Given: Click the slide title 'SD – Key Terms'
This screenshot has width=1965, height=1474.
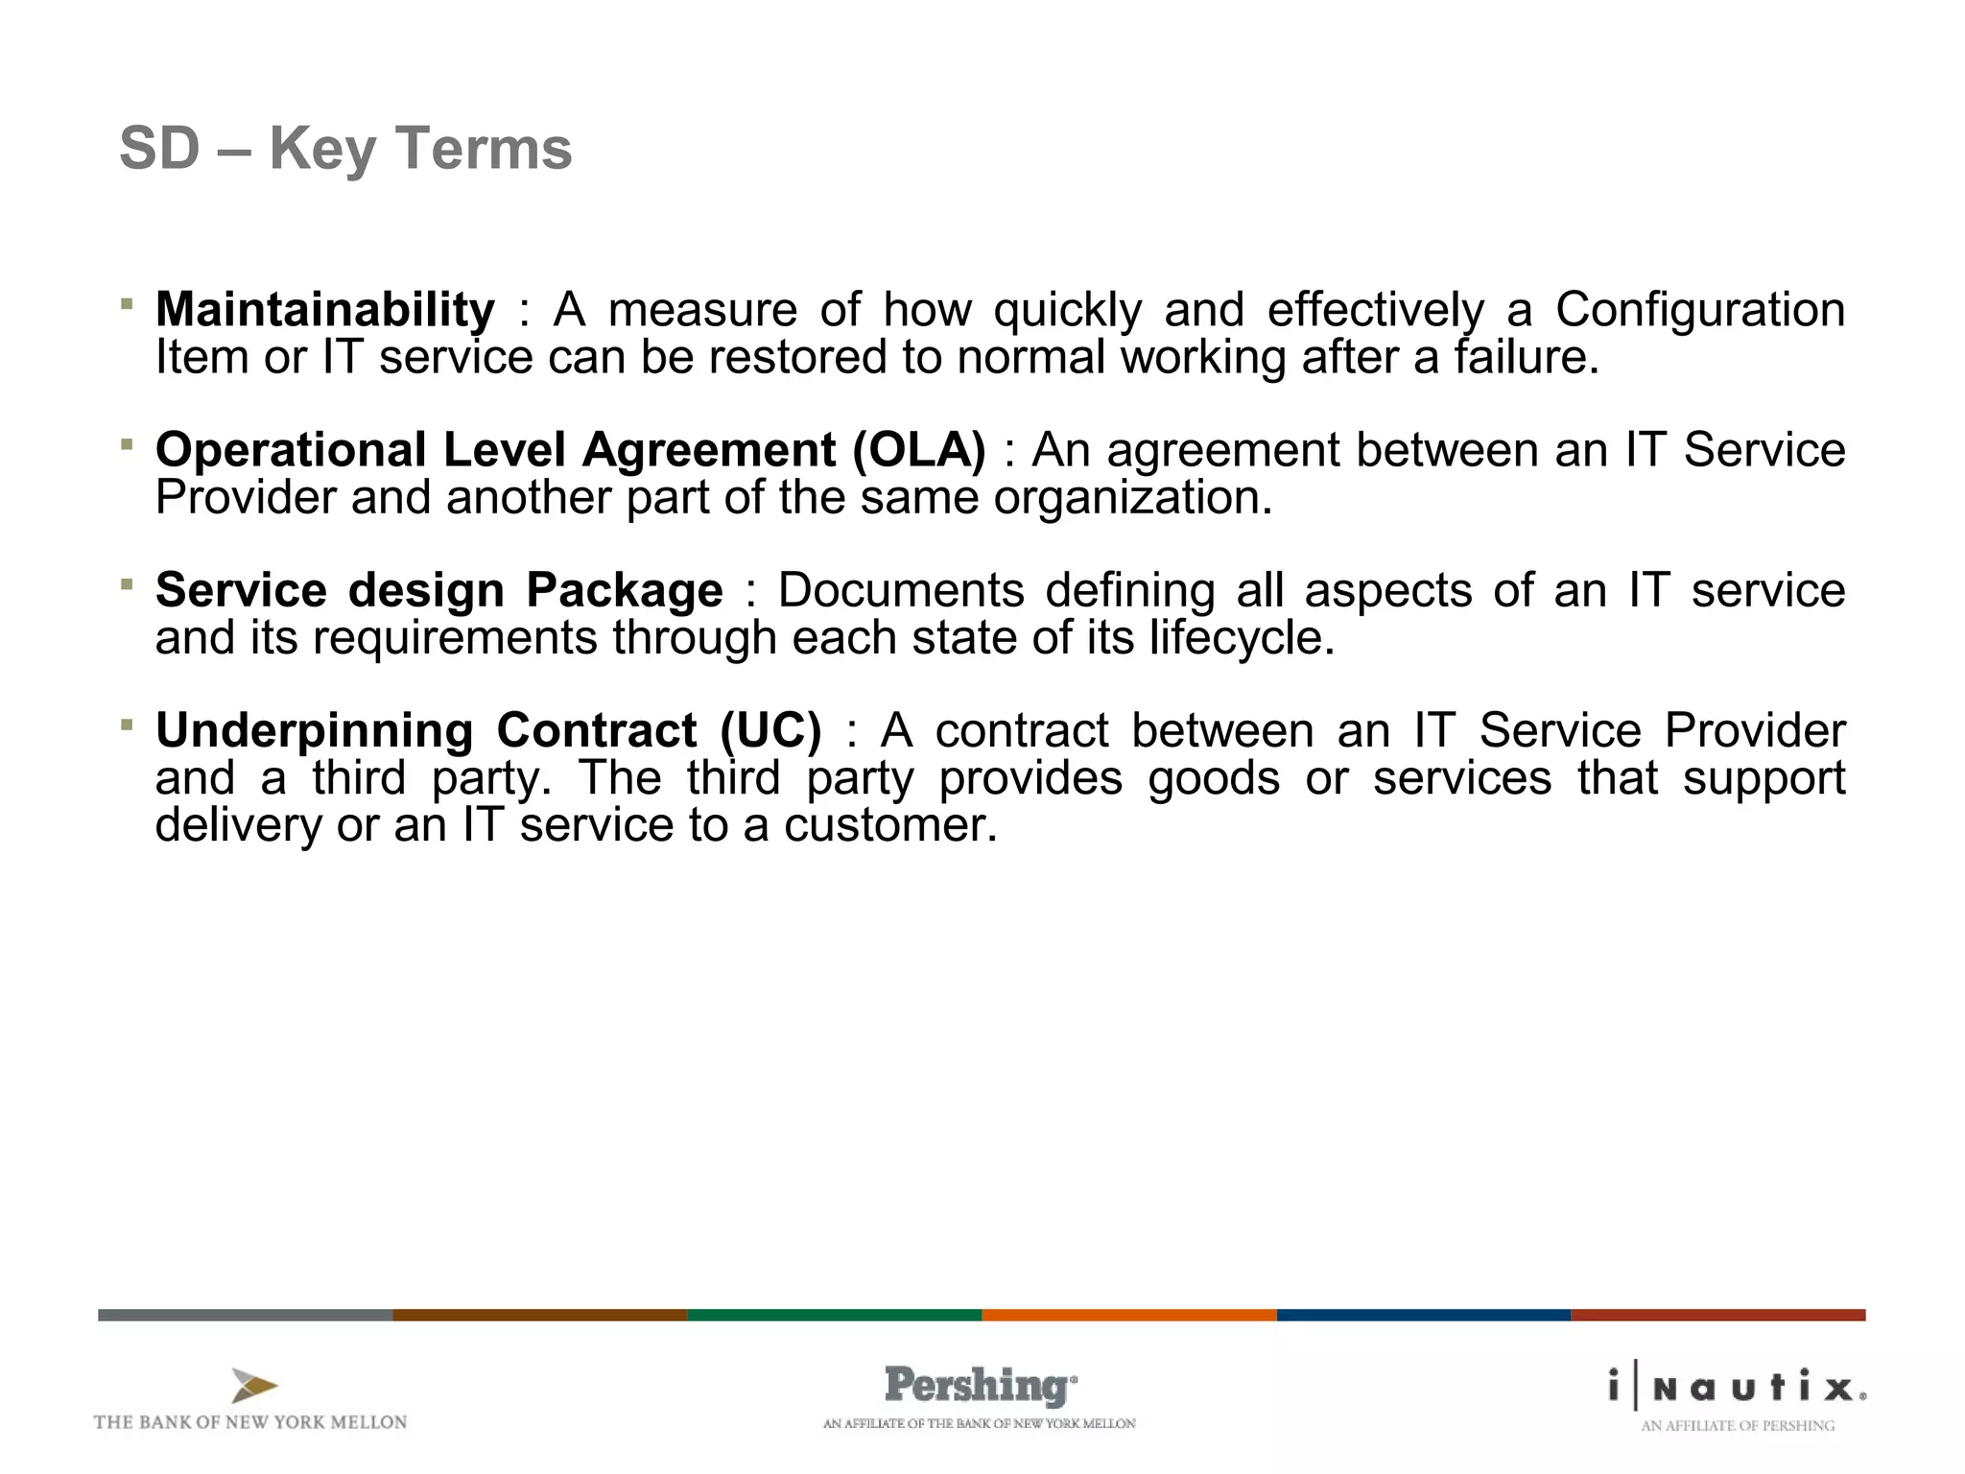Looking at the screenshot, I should (345, 149).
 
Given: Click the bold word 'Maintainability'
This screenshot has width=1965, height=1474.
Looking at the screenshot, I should (325, 310).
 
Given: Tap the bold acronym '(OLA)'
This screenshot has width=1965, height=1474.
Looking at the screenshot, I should (918, 450).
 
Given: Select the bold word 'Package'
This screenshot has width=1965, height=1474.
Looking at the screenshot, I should (625, 590).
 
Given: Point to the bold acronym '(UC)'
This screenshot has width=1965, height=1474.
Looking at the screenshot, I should (770, 730).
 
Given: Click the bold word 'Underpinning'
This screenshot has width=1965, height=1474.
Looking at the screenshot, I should (315, 730).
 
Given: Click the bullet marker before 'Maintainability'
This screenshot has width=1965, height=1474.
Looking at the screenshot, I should (127, 304).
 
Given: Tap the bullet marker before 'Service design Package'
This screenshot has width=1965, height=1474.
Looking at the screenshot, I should (127, 584).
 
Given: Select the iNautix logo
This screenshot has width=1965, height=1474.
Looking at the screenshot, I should (1737, 1387).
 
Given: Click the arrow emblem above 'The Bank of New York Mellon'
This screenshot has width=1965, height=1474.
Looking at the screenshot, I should (253, 1386).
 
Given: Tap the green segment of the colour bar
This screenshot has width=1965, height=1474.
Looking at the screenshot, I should (834, 1315).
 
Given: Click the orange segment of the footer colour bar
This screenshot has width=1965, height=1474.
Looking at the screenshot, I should (1128, 1315).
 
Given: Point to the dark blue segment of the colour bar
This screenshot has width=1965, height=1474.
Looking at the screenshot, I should (1423, 1315).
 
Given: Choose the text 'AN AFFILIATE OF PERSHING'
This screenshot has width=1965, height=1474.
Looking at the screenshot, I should (1737, 1426).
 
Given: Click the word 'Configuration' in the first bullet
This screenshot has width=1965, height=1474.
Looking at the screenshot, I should (1699, 310).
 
